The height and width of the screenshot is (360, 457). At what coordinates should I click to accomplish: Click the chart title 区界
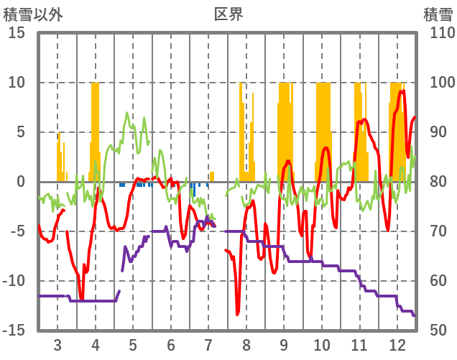228,14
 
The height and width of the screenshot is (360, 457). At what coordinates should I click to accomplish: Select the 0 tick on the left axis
21,182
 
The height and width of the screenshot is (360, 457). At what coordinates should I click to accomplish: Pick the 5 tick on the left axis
21,132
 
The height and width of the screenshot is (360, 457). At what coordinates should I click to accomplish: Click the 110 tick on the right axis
439,33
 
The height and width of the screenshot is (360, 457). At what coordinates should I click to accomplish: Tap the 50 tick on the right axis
436,331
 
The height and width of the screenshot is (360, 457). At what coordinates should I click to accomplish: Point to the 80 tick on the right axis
436,182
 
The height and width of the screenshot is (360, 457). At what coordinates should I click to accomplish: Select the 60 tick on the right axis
436,281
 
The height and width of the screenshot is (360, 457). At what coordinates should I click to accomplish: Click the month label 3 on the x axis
57,343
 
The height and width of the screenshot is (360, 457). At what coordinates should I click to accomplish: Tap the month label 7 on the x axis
208,343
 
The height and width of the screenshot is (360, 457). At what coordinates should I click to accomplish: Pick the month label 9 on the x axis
284,343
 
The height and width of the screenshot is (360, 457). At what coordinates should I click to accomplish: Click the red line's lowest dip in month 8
238,313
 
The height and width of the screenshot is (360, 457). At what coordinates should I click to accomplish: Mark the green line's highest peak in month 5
127,113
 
